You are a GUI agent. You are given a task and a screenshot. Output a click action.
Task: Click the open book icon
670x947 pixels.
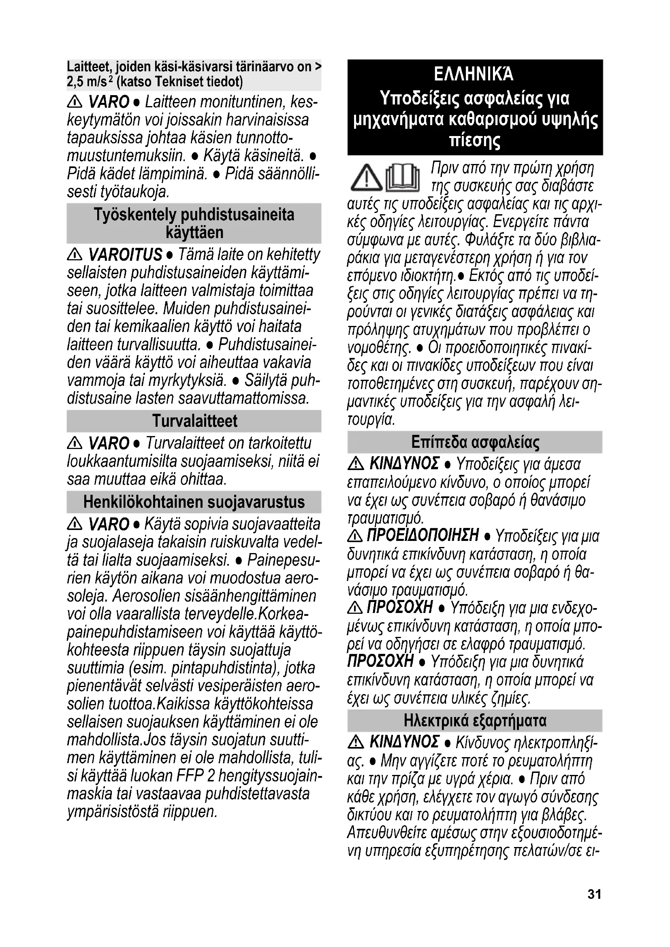click(x=403, y=179)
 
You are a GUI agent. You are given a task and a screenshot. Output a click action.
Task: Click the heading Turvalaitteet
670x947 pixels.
click(x=194, y=421)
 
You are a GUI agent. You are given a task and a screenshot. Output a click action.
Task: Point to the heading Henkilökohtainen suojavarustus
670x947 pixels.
click(x=194, y=502)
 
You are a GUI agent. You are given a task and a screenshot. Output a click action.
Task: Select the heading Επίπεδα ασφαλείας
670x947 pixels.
click(x=475, y=442)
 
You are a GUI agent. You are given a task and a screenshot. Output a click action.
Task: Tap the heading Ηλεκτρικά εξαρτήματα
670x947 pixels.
click(x=475, y=721)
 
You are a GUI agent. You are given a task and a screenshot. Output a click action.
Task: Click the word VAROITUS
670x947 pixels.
click(x=125, y=255)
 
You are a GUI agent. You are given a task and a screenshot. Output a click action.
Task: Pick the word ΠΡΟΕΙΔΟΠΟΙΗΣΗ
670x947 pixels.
click(x=422, y=535)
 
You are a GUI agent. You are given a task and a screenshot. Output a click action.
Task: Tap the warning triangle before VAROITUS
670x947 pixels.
click(x=75, y=255)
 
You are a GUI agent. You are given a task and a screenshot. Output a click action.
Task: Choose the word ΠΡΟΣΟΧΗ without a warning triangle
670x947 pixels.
click(x=380, y=662)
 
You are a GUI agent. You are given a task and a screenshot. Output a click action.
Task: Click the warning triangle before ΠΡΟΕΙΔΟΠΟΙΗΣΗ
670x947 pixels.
click(x=355, y=536)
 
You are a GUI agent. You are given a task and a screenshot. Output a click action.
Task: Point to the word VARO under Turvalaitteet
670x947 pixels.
click(x=109, y=443)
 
